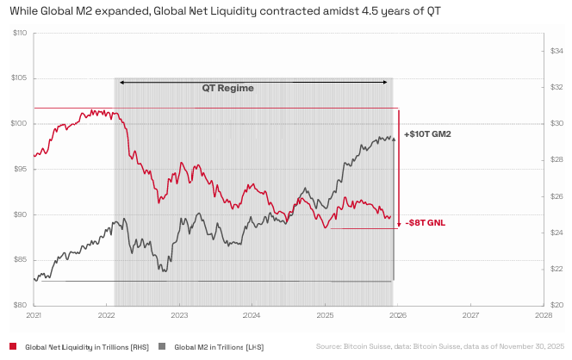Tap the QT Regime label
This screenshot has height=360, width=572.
[x=228, y=88]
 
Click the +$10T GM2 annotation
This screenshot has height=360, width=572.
[x=427, y=135]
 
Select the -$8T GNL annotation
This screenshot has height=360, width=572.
[x=425, y=222]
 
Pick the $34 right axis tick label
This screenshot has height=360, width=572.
[x=556, y=52]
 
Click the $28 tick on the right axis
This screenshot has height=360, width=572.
[x=556, y=160]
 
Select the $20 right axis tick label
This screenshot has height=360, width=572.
[x=556, y=305]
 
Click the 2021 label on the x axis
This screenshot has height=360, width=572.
[x=34, y=316]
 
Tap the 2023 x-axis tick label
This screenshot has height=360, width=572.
[x=179, y=316]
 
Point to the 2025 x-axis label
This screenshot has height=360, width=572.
[x=325, y=316]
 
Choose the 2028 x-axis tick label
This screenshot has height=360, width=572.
[x=544, y=316]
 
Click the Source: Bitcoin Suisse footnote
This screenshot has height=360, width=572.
[x=439, y=346]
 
